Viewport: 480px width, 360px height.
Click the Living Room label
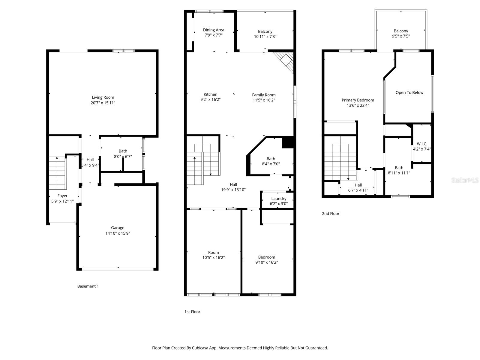103,97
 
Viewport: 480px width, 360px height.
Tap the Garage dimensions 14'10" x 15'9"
117,233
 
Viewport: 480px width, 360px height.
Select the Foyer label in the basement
62,196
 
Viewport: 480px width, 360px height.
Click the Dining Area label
213,30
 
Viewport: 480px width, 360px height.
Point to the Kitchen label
210,94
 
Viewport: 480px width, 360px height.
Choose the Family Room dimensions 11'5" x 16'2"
264,100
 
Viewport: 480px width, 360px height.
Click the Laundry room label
279,199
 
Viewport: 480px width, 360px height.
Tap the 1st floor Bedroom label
266,257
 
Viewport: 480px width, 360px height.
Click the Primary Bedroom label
358,100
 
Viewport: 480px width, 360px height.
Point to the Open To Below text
409,92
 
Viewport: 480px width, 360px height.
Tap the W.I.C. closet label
422,144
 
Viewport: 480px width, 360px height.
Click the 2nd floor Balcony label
401,31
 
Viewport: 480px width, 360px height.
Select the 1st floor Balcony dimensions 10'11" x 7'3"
265,37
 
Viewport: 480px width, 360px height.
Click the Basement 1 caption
88,286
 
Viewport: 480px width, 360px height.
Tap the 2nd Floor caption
331,214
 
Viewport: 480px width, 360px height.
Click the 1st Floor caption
192,312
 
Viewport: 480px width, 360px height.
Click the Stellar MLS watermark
465,180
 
